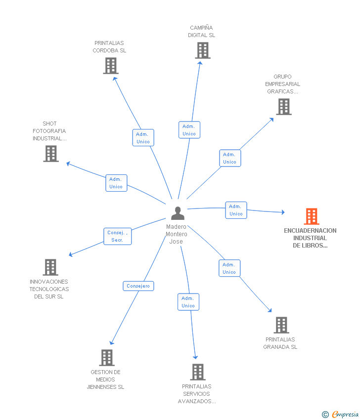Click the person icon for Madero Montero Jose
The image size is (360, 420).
point(178,213)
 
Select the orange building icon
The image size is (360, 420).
point(312,216)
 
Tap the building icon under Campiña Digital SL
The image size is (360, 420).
point(203,50)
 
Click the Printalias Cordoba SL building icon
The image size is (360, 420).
point(111,66)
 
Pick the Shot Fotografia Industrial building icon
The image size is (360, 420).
point(51,154)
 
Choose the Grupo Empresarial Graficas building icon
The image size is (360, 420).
point(284,107)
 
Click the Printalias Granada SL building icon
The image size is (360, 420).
point(281,325)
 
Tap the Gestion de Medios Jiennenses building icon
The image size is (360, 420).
point(107,358)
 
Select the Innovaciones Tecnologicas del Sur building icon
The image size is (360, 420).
point(50,267)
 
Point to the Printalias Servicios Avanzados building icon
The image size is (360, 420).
point(198,372)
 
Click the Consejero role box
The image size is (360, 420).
point(138,286)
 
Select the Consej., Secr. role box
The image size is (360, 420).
point(118,237)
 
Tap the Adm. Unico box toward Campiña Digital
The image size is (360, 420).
point(189,130)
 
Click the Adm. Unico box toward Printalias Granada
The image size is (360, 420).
point(229,268)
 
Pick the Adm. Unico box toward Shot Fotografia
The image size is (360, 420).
point(116,183)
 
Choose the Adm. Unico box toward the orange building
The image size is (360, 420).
point(236,210)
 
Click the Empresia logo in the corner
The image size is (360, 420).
point(340,415)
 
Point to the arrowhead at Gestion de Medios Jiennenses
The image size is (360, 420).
point(112,342)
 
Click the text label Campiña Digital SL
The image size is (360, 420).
point(202,31)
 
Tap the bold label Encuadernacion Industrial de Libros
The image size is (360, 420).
point(310,238)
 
